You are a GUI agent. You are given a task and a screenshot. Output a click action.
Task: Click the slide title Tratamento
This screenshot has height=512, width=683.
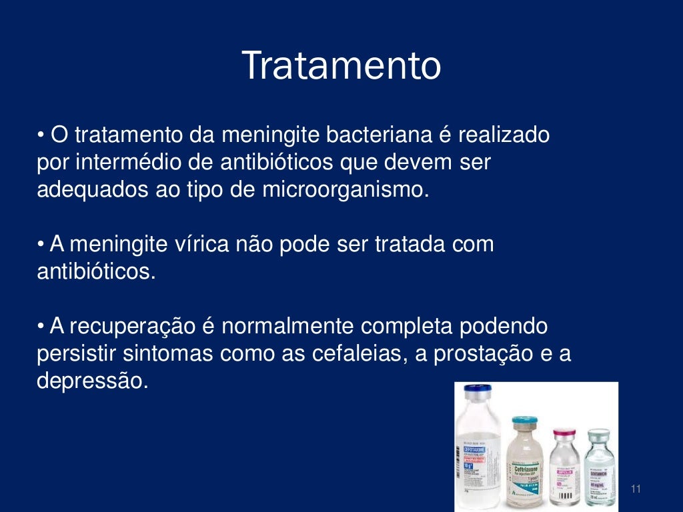pyautogui.click(x=341, y=66)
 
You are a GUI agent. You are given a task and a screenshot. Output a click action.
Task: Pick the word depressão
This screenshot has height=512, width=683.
pyautogui.click(x=91, y=381)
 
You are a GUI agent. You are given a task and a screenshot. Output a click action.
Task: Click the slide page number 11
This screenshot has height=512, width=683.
pyautogui.click(x=635, y=490)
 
